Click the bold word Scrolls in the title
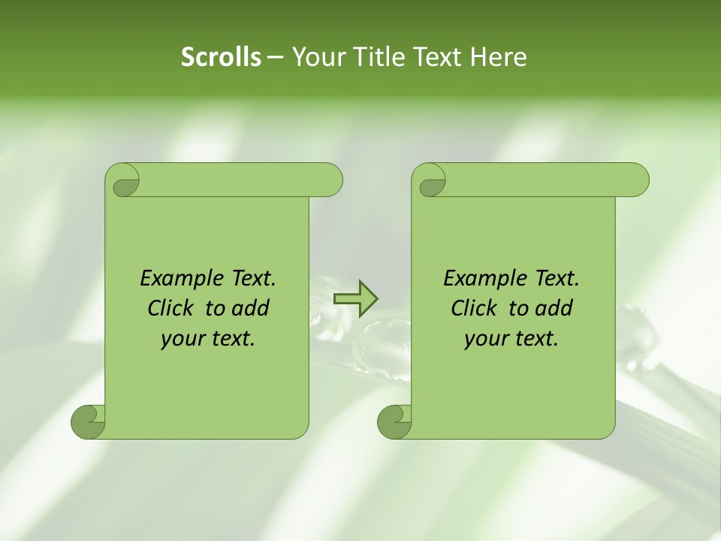pos(221,57)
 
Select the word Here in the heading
pos(499,57)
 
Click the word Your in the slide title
pos(315,57)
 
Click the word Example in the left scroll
pos(179,279)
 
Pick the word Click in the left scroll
pos(173,309)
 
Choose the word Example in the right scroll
pos(482,279)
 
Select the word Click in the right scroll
pos(477,309)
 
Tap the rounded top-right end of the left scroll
pos(330,180)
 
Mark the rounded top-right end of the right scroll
pos(637,180)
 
